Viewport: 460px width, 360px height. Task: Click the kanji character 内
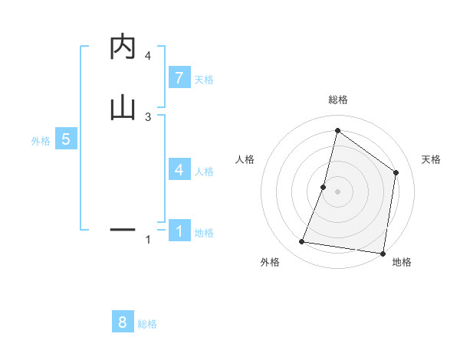point(123,47)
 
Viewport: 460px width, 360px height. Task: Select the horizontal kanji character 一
point(123,228)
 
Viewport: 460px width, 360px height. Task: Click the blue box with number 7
point(179,77)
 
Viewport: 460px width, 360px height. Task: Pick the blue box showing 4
point(179,169)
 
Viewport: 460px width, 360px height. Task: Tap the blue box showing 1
point(179,231)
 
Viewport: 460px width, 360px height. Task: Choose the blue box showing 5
point(66,139)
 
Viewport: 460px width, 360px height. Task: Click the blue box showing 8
point(123,322)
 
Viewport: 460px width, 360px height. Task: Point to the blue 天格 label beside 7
point(204,80)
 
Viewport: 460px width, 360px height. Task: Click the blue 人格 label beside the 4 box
point(204,172)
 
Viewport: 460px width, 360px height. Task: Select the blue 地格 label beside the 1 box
point(204,233)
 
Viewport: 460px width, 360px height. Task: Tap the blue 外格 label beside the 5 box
point(41,141)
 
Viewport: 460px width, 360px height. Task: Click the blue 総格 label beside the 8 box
point(147,324)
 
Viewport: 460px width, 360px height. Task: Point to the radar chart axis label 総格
point(338,100)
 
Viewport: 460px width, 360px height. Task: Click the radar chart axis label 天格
point(431,159)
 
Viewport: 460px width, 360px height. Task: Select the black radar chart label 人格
point(245,159)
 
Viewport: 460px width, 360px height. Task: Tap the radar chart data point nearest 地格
point(383,253)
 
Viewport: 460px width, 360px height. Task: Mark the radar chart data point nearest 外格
point(302,242)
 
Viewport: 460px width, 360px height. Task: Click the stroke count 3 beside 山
point(148,116)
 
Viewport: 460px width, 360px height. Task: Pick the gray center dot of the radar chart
point(338,191)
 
